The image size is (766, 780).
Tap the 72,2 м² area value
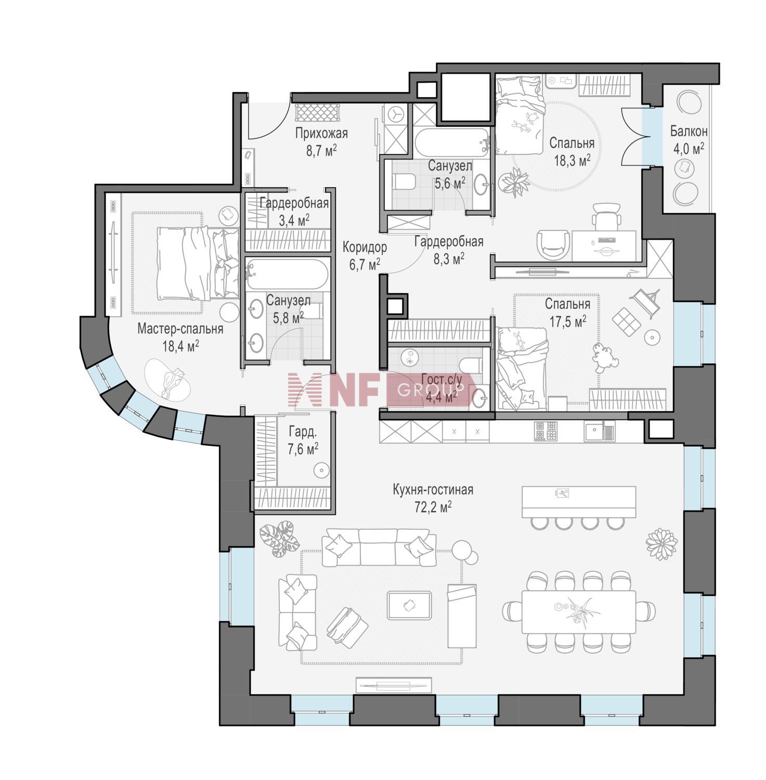433,507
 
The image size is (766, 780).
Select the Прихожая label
321,134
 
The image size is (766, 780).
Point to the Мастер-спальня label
180,329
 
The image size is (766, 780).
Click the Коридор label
365,247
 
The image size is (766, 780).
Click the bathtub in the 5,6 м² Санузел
451,140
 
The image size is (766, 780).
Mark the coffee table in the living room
409,605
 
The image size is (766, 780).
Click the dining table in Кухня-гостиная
579,612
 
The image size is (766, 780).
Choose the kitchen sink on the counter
599,431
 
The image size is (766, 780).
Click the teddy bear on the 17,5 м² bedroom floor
604,357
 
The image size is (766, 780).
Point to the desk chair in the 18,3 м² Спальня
606,215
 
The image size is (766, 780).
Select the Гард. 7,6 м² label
303,439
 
